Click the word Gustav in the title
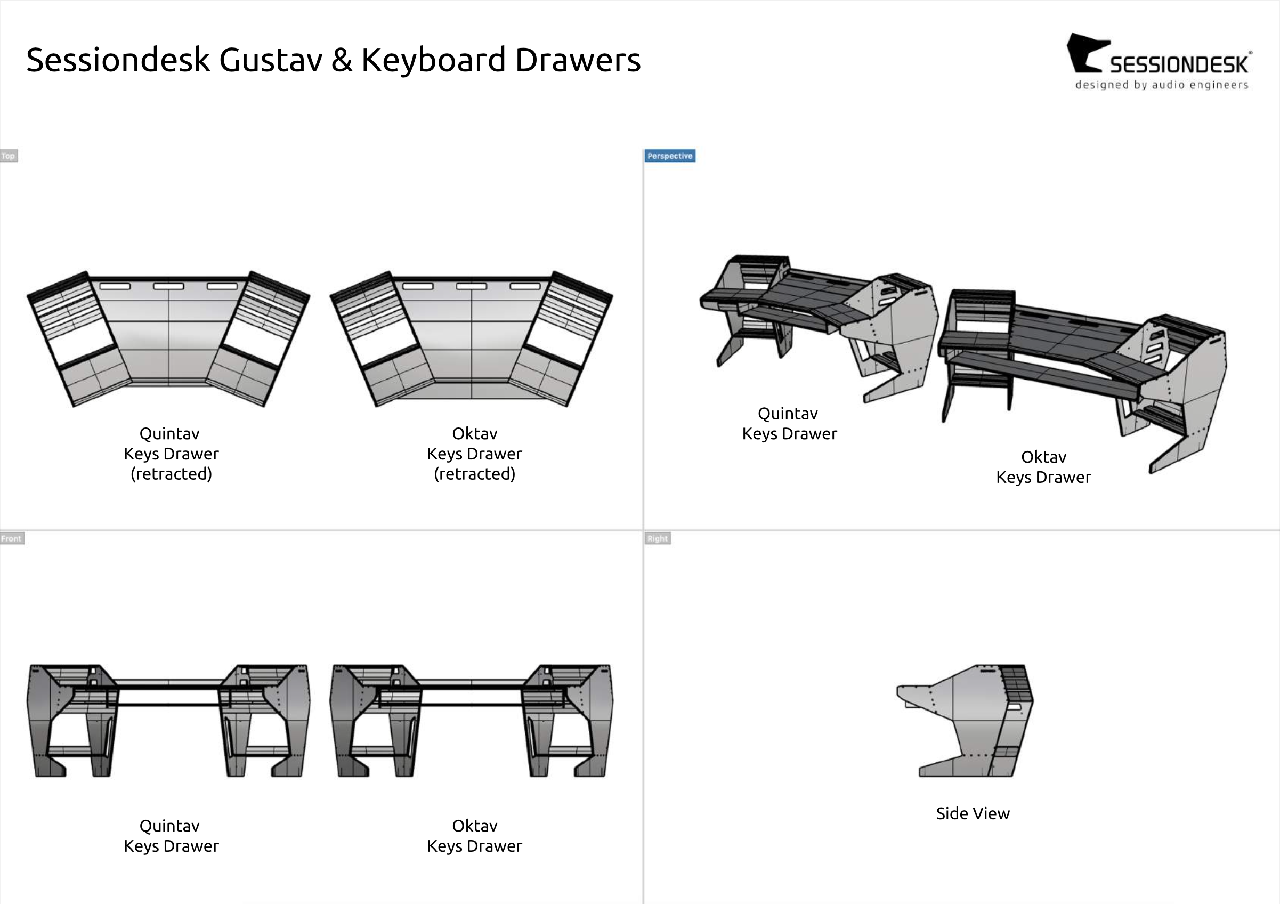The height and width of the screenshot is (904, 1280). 270,60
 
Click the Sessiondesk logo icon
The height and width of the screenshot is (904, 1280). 1084,53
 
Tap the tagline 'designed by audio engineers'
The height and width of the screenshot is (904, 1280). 1161,85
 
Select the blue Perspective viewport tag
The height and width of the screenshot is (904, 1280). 669,156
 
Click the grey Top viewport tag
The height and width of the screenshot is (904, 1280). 9,156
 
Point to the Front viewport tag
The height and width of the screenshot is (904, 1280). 11,539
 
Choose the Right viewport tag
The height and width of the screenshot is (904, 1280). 657,539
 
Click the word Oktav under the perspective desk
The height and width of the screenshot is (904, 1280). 1043,457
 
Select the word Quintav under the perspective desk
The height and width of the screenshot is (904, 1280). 787,414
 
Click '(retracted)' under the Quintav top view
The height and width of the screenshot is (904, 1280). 171,474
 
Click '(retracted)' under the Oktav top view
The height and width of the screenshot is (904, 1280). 474,474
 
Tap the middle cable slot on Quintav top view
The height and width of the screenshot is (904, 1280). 168,286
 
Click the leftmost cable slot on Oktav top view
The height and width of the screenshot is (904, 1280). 418,286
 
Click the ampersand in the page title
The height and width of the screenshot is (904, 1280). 342,60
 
